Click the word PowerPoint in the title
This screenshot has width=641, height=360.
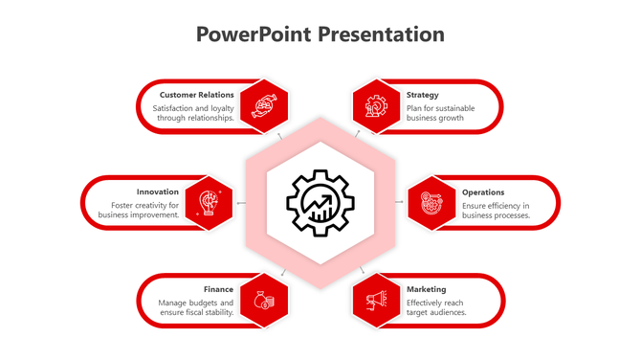click(253, 34)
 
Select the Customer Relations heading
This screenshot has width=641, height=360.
click(196, 95)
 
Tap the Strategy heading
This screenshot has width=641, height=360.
click(422, 95)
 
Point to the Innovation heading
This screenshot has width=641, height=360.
click(158, 191)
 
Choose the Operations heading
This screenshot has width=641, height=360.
click(483, 191)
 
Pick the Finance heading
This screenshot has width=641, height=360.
click(218, 289)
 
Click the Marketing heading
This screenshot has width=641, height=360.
click(426, 289)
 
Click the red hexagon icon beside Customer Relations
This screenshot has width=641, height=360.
click(264, 106)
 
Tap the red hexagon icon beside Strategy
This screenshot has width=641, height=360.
click(376, 106)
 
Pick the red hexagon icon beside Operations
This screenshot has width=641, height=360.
click(431, 203)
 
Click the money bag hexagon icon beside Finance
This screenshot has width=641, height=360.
click(264, 301)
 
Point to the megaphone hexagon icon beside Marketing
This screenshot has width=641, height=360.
click(376, 301)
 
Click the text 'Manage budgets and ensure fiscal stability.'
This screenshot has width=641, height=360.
click(196, 307)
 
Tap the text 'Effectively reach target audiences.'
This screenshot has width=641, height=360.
click(436, 307)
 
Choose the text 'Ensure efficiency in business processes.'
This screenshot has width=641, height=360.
click(496, 210)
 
